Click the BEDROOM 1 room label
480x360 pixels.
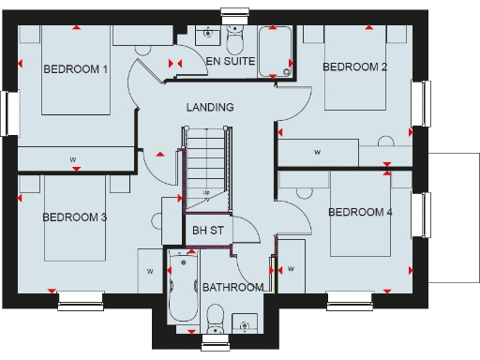pyautogui.click(x=76, y=69)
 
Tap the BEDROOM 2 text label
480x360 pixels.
pyautogui.click(x=354, y=67)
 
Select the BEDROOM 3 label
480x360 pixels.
pyautogui.click(x=74, y=217)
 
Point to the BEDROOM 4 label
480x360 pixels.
pyautogui.click(x=360, y=212)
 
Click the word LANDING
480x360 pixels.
pyautogui.click(x=209, y=108)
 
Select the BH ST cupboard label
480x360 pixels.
pyautogui.click(x=206, y=230)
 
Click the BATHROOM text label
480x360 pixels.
pyautogui.click(x=232, y=287)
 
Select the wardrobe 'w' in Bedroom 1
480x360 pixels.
pyautogui.click(x=72, y=159)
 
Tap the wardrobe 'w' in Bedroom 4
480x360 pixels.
pyautogui.click(x=291, y=269)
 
